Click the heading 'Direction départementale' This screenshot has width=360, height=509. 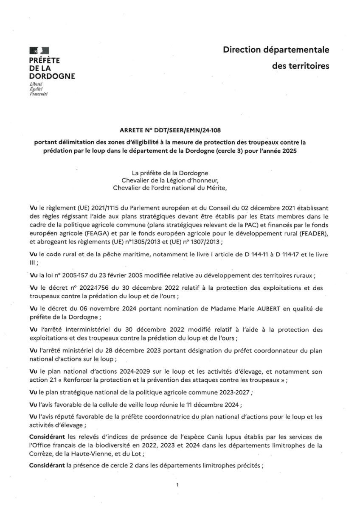[x=276, y=50]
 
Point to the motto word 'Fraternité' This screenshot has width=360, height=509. [x=39, y=94]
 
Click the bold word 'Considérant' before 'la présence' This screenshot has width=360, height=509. [x=47, y=465]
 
